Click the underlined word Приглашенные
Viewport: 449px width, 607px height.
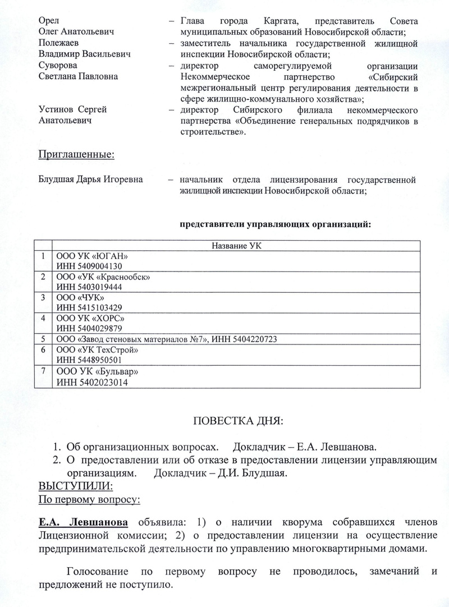coord(76,154)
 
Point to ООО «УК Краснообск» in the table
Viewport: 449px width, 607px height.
coord(103,277)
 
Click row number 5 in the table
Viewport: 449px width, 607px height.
coord(43,339)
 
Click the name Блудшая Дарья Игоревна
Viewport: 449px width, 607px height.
coord(90,180)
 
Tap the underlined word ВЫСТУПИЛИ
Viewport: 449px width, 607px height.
coord(75,485)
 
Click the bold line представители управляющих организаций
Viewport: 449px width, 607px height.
coord(275,224)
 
